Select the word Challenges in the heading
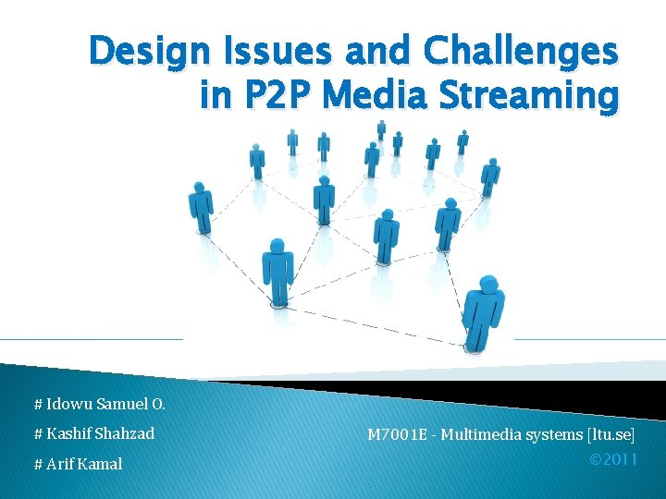[519, 54]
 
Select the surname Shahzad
[124, 433]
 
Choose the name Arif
[62, 464]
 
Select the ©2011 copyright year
[613, 458]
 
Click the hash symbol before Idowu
[38, 404]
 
